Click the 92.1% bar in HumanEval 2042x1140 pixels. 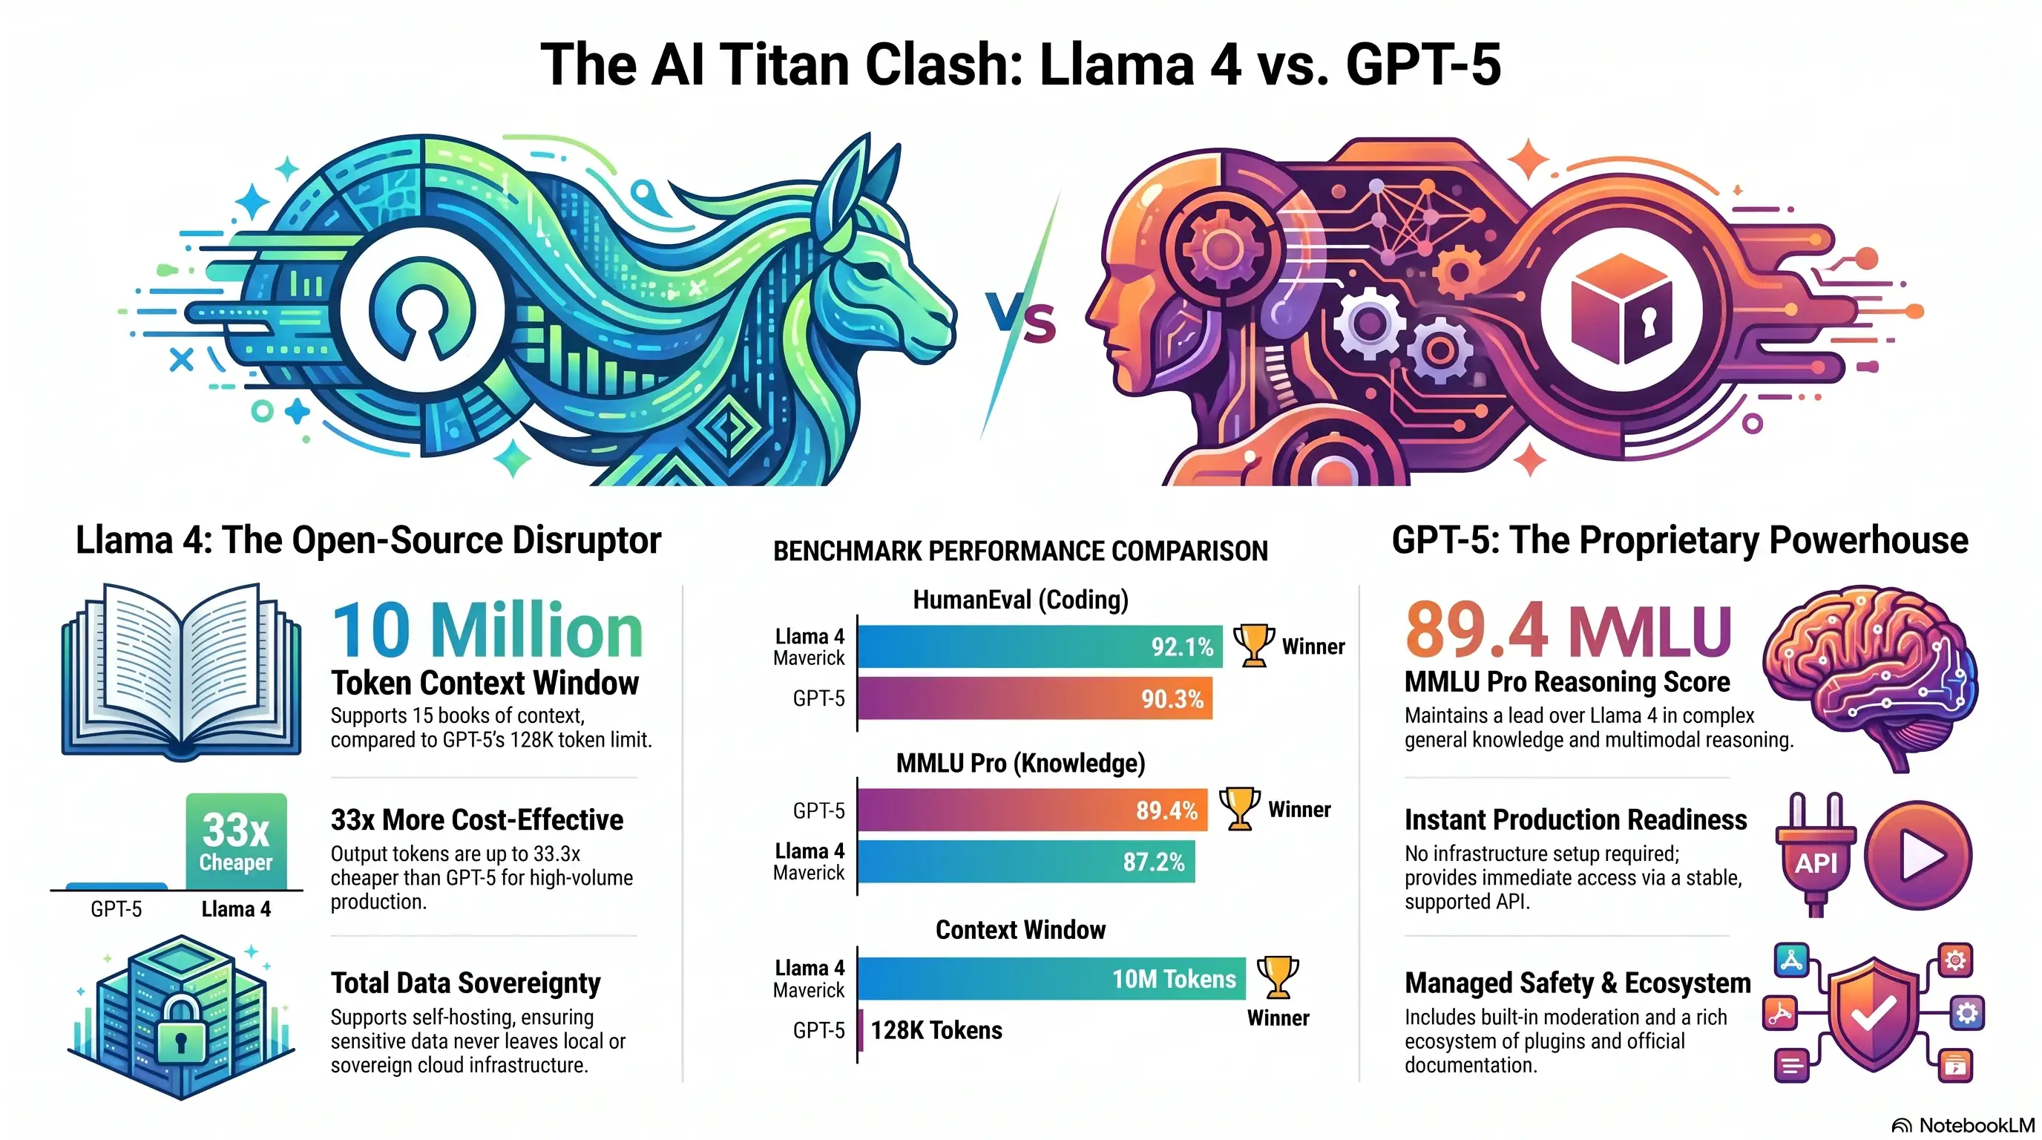[1040, 646]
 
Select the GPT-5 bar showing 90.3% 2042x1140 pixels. [1035, 698]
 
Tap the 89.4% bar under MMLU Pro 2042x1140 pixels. [1032, 810]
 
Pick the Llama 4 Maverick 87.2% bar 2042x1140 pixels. [1026, 861]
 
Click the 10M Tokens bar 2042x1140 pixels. [1052, 978]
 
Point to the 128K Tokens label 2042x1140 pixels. [936, 1030]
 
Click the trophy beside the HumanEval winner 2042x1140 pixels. [1253, 645]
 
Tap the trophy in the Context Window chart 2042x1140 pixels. [1277, 977]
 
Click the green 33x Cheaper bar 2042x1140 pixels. [236, 841]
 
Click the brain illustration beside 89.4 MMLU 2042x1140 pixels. [1871, 678]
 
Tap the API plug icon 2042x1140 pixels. [1815, 854]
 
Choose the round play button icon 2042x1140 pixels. [1917, 854]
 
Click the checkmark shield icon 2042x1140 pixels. [1873, 1014]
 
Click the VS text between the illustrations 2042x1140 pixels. [1021, 318]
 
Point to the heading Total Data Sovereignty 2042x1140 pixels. [465, 983]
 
